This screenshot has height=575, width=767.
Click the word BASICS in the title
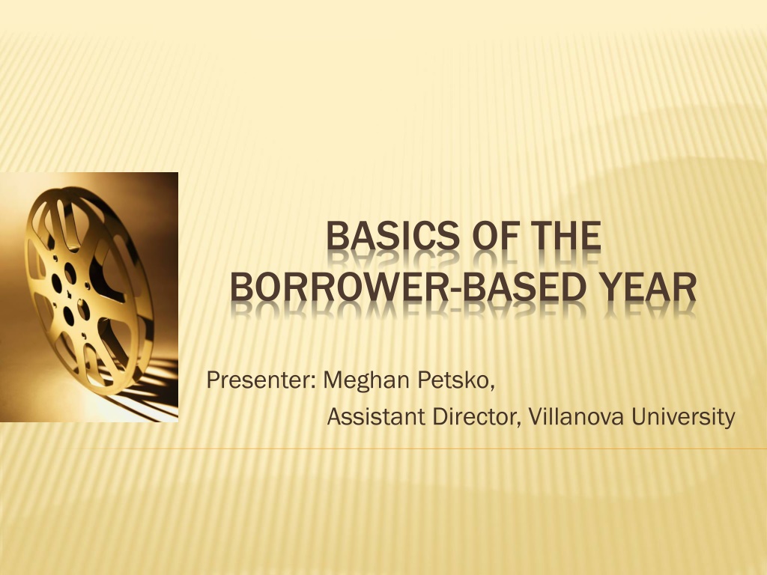tap(393, 236)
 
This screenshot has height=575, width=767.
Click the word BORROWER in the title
tap(339, 287)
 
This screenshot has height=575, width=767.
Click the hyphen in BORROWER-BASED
tap(456, 290)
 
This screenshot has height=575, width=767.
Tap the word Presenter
tap(258, 380)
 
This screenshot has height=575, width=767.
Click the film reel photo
tap(89, 297)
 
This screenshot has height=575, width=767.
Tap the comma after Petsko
tap(491, 389)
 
